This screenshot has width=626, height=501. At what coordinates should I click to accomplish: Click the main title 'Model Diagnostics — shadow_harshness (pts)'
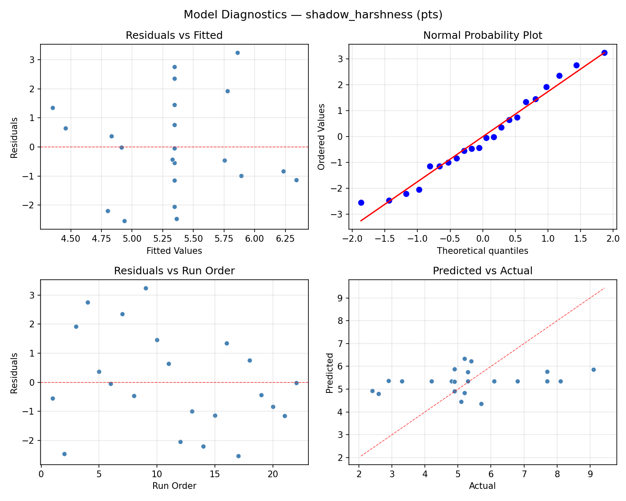[x=313, y=15]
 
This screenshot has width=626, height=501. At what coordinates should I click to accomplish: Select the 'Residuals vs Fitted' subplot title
[x=174, y=35]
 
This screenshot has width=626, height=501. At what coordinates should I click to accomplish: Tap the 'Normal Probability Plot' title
[x=482, y=35]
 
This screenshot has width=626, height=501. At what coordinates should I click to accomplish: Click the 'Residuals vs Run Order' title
[x=174, y=271]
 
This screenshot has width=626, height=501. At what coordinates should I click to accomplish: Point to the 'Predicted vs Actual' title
[x=482, y=271]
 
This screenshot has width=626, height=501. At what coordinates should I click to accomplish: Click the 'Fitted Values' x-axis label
[x=174, y=251]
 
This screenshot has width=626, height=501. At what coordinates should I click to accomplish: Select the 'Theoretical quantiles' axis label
[x=482, y=251]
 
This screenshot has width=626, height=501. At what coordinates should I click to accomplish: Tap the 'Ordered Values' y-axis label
[x=321, y=137]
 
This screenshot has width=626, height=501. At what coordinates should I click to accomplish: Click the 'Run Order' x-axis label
[x=174, y=486]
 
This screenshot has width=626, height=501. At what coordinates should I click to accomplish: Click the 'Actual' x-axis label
[x=482, y=486]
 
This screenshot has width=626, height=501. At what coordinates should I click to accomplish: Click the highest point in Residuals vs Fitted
[x=237, y=53]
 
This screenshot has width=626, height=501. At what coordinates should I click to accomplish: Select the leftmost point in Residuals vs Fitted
[x=53, y=108]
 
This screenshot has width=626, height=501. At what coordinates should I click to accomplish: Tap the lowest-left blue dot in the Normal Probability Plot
[x=361, y=202]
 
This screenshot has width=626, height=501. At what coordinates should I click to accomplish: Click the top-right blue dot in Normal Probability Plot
[x=604, y=53]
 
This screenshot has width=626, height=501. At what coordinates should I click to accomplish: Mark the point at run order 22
[x=296, y=383]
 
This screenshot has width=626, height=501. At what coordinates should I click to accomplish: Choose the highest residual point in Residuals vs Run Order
[x=146, y=288]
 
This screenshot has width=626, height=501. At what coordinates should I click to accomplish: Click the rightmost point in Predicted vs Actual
[x=593, y=369]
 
